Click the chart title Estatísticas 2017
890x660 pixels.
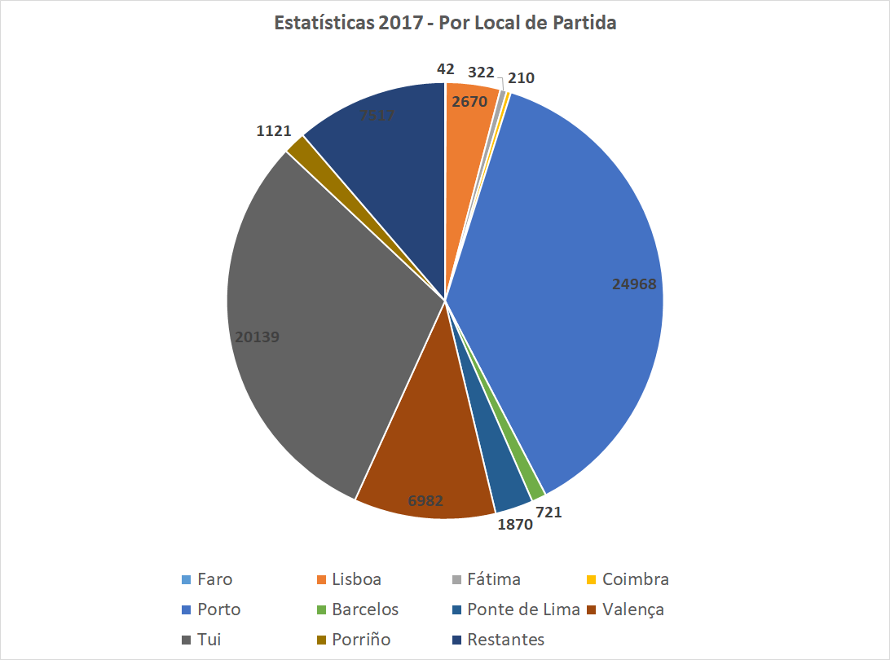pos(445,23)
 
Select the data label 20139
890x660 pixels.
pos(258,336)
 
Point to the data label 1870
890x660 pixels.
pos(514,525)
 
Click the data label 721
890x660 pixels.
pos(548,513)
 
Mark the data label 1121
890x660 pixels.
pos(275,131)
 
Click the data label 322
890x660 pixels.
pos(481,73)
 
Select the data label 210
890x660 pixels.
pos(521,78)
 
